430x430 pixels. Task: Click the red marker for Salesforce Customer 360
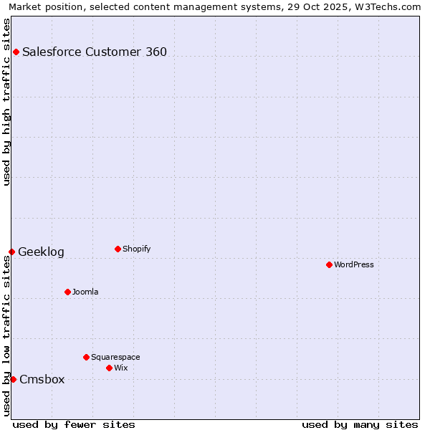16,52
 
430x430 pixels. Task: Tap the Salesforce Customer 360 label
95,52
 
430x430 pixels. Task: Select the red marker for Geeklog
11,252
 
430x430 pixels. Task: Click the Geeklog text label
41,252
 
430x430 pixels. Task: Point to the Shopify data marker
118,249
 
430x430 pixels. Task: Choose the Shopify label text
136,249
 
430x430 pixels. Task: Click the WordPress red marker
329,264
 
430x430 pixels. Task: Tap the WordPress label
353,264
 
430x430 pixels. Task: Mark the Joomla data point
67,292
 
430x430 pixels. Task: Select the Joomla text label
85,292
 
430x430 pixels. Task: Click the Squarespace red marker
86,357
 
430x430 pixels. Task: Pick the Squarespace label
115,357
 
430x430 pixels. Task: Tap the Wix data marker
109,368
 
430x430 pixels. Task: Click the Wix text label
120,368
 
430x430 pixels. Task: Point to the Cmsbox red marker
13,379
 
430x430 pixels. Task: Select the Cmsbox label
42,380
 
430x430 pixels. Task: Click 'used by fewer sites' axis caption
74,424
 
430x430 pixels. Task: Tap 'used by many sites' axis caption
360,424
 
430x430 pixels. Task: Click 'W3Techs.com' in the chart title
391,7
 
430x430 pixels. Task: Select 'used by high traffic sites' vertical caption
7,102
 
